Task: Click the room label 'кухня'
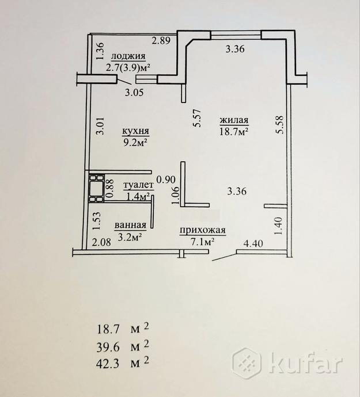click(135, 131)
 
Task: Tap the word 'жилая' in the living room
click(234, 120)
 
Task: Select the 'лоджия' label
click(128, 56)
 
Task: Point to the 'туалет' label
click(139, 186)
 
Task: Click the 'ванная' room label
click(131, 225)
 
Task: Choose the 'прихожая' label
click(203, 231)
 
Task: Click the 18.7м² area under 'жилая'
click(233, 132)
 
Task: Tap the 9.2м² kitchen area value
click(135, 143)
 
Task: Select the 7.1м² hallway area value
click(203, 242)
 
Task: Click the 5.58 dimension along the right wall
click(280, 125)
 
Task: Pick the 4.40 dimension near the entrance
click(253, 243)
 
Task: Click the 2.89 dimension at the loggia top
click(161, 40)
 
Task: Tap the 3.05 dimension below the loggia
click(134, 93)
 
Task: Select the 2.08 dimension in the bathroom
click(101, 243)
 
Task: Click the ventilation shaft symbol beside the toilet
click(96, 188)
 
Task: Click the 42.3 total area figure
click(108, 364)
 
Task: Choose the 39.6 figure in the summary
click(108, 347)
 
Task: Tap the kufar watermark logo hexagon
click(247, 363)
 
